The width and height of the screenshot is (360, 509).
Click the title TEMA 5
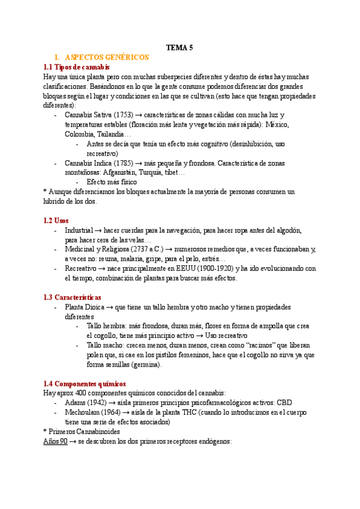[x=179, y=47]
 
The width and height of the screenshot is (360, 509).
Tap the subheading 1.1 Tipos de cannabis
[x=77, y=67]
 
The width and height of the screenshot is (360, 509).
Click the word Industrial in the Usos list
[x=78, y=230]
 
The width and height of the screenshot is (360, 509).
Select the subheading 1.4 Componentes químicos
[x=85, y=384]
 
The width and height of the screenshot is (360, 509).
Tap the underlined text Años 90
[x=55, y=441]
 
